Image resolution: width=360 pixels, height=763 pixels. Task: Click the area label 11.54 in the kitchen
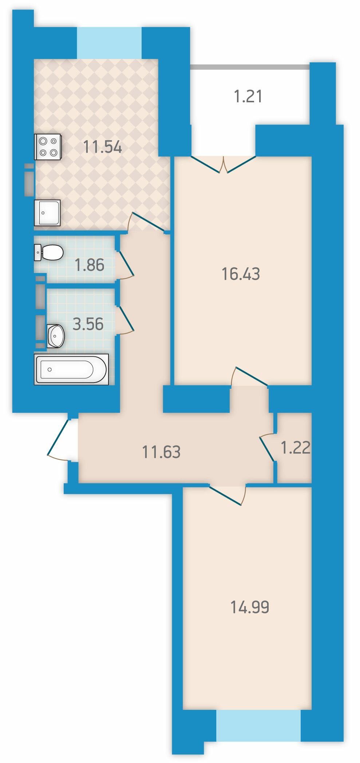pyautogui.click(x=102, y=147)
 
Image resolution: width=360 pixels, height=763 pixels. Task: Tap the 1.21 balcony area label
pyautogui.click(x=248, y=97)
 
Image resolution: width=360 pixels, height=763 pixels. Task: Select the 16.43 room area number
pyautogui.click(x=241, y=274)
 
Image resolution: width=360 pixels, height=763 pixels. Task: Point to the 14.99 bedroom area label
pyautogui.click(x=250, y=607)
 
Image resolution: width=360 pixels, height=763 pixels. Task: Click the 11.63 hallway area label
pyautogui.click(x=161, y=452)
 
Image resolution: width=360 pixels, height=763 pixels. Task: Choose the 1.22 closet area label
pyautogui.click(x=296, y=447)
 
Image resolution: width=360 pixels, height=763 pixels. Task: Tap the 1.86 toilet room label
pyautogui.click(x=90, y=265)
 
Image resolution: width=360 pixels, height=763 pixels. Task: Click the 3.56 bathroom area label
pyautogui.click(x=88, y=324)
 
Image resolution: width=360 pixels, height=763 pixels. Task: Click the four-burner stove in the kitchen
pyautogui.click(x=48, y=147)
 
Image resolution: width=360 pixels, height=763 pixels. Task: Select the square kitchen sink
pyautogui.click(x=47, y=213)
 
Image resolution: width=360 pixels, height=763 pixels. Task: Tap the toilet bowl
pyautogui.click(x=49, y=252)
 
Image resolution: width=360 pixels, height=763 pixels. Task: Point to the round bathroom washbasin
pyautogui.click(x=56, y=336)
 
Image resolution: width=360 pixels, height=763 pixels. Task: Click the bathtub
pyautogui.click(x=71, y=369)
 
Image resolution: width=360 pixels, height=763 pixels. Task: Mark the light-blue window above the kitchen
pyautogui.click(x=109, y=43)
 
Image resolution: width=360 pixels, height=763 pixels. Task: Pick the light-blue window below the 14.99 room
pyautogui.click(x=258, y=725)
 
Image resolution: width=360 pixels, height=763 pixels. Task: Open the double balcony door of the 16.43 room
pyautogui.click(x=223, y=164)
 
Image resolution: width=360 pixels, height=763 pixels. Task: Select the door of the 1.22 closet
pyautogui.click(x=268, y=447)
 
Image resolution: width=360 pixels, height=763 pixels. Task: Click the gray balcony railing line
pyautogui.click(x=250, y=67)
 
